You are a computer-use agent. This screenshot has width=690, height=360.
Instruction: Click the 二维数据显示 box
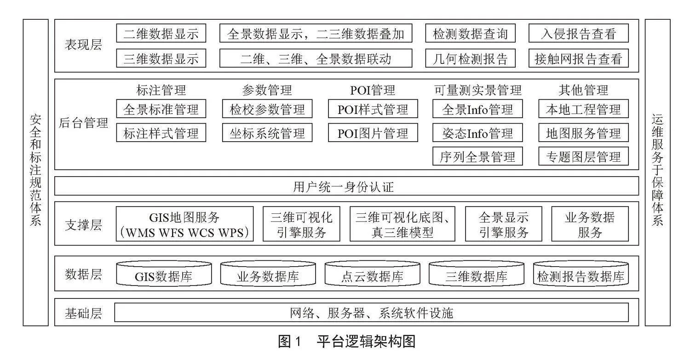coord(161,33)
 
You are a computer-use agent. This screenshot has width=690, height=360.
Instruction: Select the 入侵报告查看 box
coord(579,33)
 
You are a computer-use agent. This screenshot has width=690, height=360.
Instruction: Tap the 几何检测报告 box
coord(471,58)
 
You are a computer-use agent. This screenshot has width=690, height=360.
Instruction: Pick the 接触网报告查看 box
coord(579,58)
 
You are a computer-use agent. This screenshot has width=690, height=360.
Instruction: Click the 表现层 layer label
coord(83,45)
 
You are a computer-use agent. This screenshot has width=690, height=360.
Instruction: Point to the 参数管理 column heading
coord(267,90)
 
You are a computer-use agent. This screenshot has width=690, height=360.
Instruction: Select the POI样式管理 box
coord(373,109)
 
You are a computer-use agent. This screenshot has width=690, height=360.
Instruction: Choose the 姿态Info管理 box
coord(477,133)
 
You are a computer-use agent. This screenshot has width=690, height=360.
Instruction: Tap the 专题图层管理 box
coord(583,156)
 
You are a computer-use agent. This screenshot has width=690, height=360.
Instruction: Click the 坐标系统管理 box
coord(267,133)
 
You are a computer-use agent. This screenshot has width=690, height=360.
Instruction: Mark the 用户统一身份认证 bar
coord(346,186)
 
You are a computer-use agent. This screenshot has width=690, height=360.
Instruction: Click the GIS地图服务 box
coord(184,224)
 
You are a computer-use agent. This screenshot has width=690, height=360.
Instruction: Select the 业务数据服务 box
coord(590,224)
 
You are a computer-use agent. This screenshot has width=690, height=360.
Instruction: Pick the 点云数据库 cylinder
coord(373,274)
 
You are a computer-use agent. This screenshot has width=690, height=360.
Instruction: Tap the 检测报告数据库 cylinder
coord(581,274)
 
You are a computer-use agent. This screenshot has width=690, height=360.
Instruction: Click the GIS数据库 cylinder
coord(164,274)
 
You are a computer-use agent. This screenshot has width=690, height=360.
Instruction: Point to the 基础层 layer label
coord(83,314)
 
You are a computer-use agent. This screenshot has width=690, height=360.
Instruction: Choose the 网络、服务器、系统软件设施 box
coord(372,313)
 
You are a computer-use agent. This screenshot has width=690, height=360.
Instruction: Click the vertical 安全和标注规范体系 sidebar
coord(36,172)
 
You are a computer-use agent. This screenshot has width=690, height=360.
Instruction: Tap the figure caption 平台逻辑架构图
coord(366,342)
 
